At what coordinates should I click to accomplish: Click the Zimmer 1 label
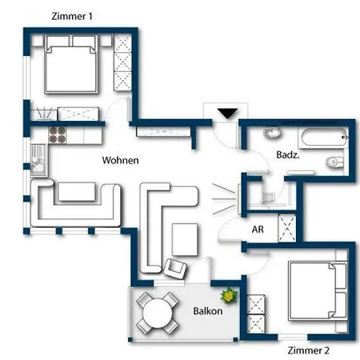[72, 16]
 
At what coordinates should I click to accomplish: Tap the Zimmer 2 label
[309, 350]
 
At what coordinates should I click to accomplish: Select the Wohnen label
[121, 160]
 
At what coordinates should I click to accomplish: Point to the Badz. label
[288, 155]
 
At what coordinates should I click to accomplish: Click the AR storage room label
[258, 230]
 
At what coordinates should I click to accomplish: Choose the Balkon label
[208, 311]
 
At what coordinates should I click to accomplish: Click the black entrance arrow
[227, 114]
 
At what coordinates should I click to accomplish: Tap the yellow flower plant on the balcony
[229, 295]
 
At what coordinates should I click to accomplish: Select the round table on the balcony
[158, 313]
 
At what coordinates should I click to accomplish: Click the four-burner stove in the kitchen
[57, 135]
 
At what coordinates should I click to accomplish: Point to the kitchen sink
[39, 160]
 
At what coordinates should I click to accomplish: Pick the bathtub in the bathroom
[324, 137]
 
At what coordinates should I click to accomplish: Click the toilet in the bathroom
[335, 162]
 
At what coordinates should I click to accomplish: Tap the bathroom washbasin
[272, 133]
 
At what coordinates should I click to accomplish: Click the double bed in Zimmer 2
[318, 290]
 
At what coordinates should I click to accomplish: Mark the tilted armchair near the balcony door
[175, 269]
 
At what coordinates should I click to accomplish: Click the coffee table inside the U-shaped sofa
[77, 191]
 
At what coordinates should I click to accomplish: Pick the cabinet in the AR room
[287, 228]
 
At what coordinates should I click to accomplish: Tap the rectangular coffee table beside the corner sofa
[185, 240]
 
